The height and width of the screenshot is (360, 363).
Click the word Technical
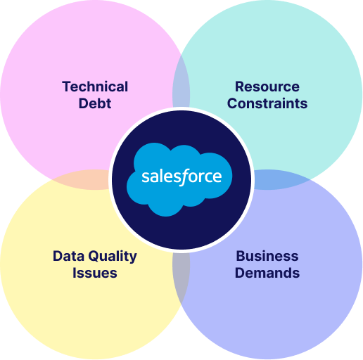point(95,86)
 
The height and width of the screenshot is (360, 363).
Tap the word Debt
point(95,103)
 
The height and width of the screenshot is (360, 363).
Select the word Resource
point(267,86)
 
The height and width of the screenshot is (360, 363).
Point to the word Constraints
point(267,103)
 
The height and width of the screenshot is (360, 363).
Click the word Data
point(68,256)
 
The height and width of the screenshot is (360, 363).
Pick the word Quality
point(113,257)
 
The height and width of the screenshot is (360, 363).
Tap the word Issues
point(95,273)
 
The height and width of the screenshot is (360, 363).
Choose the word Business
point(267,256)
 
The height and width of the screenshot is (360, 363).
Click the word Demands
point(267,273)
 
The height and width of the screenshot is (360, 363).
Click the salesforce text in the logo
point(181,176)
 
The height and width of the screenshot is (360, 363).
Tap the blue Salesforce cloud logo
point(179,179)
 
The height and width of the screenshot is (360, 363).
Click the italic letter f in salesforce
point(182,177)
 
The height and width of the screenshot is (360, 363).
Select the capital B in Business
point(241,256)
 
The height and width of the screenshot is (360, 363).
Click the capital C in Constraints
point(232,103)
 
